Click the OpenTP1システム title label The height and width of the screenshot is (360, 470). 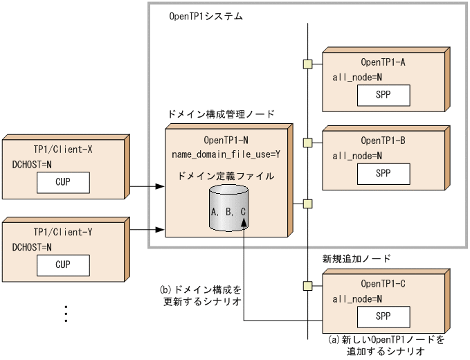tap(206, 16)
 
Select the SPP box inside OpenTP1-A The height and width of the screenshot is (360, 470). tap(383, 94)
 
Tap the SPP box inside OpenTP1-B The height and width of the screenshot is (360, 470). tap(383, 173)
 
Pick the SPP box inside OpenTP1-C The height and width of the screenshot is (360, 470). tap(383, 317)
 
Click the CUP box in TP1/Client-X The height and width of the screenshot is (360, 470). tap(63, 183)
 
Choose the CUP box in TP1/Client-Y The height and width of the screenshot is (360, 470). tap(63, 264)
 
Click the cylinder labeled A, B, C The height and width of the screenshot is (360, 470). tap(228, 210)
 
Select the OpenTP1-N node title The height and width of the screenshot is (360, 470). tap(226, 139)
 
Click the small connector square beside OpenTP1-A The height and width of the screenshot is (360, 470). tap(307, 64)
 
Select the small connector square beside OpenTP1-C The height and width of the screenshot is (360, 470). tap(307, 285)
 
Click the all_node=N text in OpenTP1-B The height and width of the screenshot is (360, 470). tap(357, 156)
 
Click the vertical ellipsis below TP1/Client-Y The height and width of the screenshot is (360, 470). tap(66, 314)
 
